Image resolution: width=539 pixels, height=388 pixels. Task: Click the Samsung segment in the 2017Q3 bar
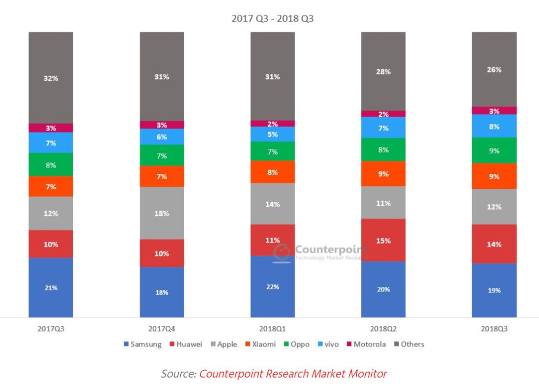coord(50,287)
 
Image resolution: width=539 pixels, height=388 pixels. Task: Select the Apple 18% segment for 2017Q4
coord(162,213)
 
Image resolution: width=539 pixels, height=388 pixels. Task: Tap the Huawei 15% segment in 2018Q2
coord(383,240)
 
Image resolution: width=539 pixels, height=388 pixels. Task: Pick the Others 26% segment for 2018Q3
coord(494,69)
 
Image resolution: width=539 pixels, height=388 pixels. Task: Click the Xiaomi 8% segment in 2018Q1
coord(272,172)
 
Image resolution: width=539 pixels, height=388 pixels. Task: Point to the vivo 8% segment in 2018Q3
coord(494,126)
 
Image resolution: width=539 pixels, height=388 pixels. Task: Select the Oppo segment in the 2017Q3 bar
coord(50,164)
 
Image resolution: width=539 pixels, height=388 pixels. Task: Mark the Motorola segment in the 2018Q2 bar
coord(383,114)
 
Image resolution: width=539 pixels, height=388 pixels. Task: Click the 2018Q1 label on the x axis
coord(272,329)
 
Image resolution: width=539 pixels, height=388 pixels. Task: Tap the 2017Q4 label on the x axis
coord(162,329)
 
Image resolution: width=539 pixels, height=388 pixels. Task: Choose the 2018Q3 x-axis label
coord(494,329)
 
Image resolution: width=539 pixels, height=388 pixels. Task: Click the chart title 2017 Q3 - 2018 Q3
coord(272,19)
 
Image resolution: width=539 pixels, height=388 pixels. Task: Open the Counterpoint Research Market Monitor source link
coord(293,373)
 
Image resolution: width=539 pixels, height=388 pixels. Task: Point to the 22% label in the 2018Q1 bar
coord(272,286)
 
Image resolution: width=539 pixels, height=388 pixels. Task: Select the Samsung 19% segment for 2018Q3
coord(494,290)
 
